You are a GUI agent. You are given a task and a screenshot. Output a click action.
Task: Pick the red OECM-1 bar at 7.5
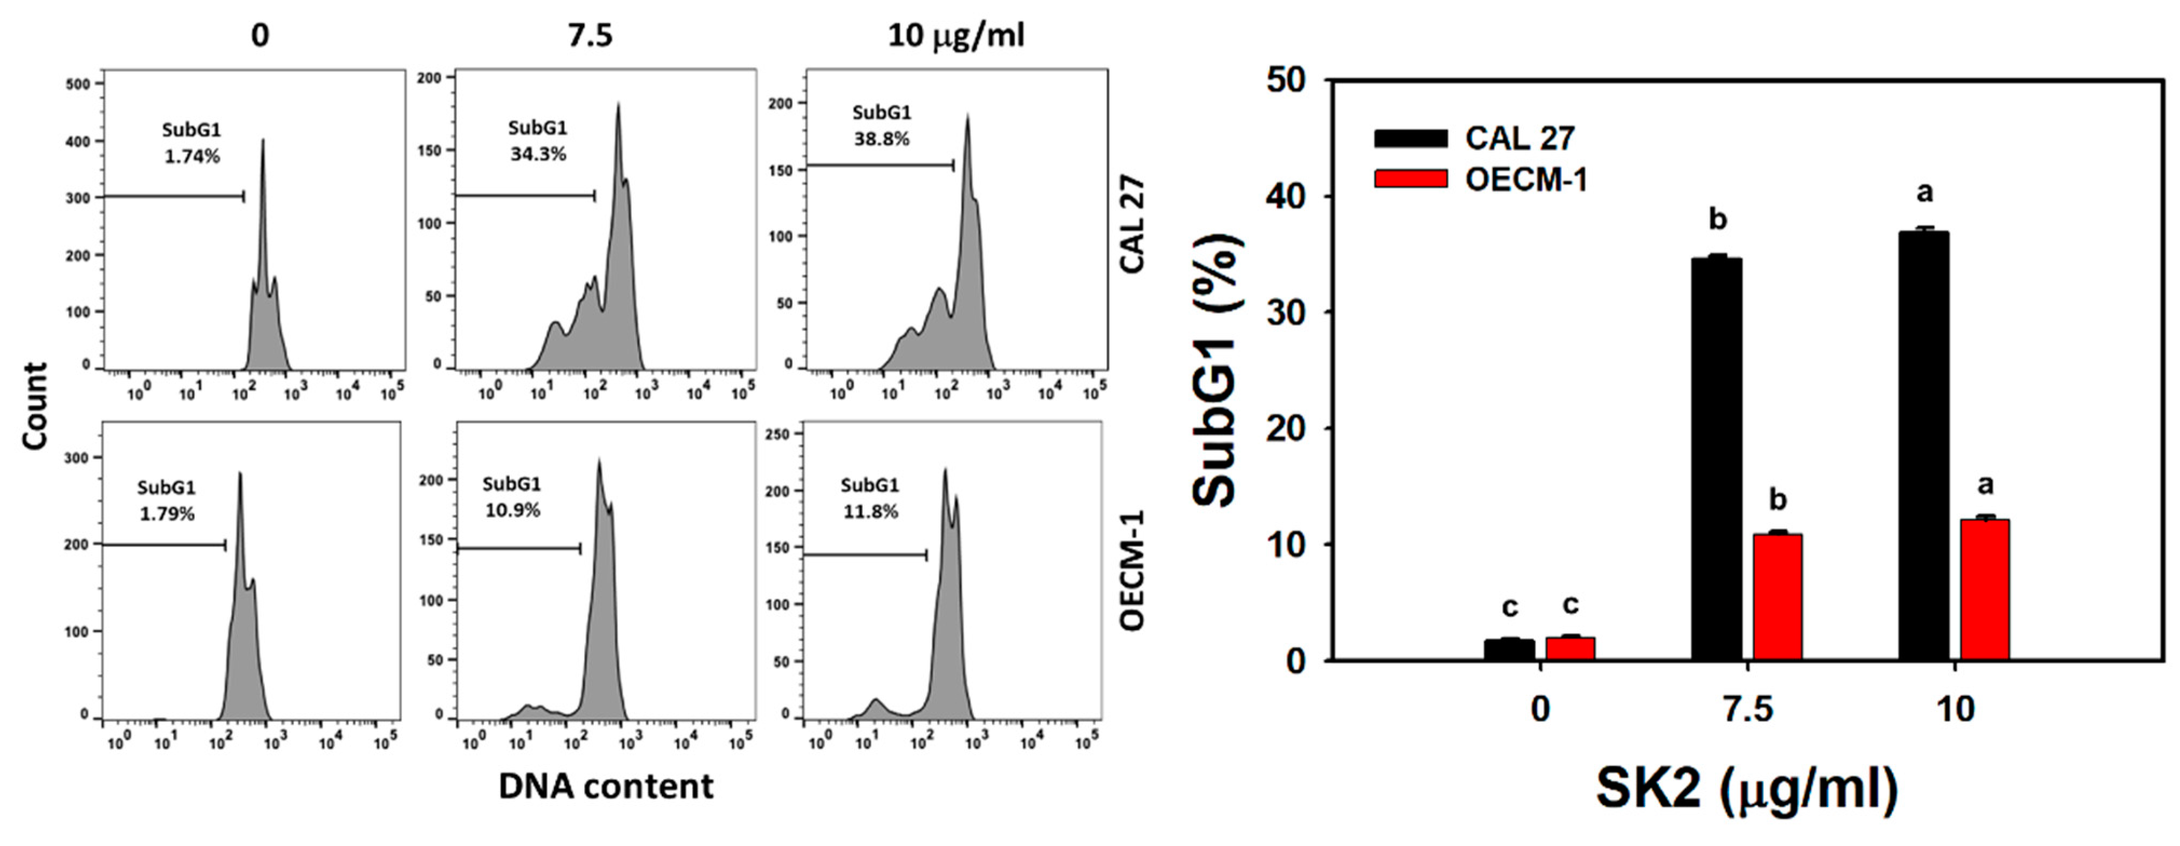coord(1777,597)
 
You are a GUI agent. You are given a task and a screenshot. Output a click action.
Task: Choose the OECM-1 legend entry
coord(1480,179)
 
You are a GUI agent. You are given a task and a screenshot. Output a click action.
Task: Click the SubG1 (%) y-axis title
coord(1216,370)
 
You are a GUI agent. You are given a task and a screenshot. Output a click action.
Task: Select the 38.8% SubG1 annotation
coord(881,139)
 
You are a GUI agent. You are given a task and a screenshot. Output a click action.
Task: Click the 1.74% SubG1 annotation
coord(192,157)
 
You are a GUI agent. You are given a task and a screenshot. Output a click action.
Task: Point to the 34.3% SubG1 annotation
coord(537,154)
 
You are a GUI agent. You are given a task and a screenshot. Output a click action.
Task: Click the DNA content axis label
coord(605,787)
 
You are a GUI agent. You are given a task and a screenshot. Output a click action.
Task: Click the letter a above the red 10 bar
coord(1985,485)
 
